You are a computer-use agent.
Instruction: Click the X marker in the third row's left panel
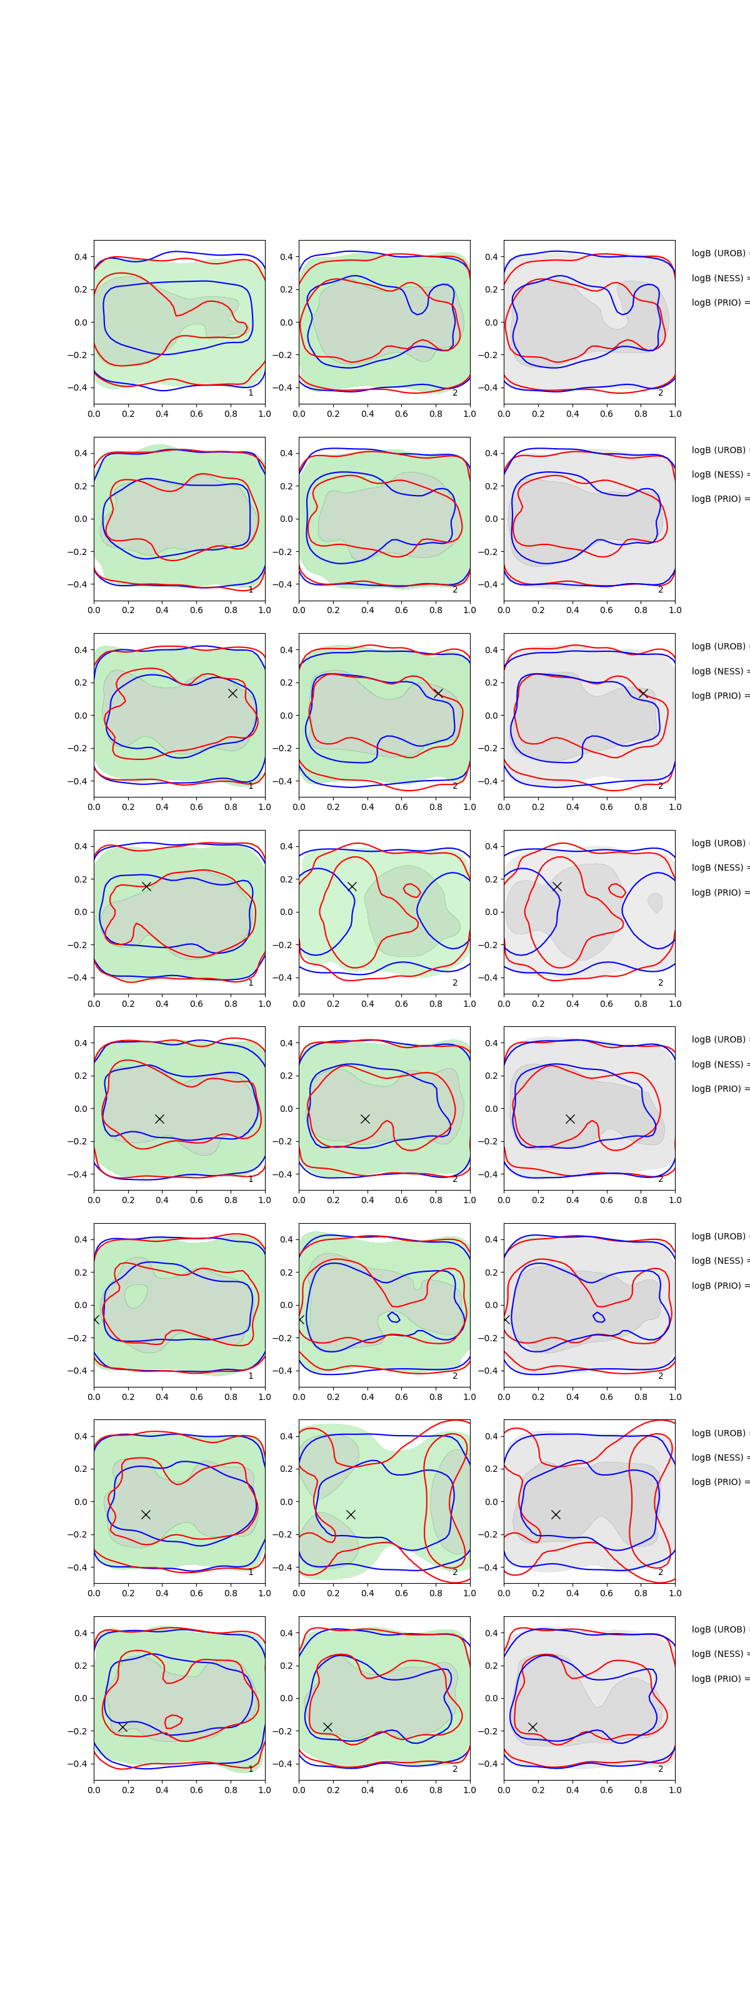click(x=232, y=693)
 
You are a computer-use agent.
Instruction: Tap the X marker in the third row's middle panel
click(x=438, y=693)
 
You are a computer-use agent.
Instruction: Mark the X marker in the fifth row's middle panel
click(x=365, y=1119)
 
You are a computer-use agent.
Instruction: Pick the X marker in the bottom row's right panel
click(x=532, y=1727)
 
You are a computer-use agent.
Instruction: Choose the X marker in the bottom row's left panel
click(x=122, y=1727)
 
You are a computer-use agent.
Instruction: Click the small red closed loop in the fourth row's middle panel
click(x=411, y=890)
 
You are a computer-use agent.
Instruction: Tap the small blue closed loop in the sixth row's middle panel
click(x=394, y=1317)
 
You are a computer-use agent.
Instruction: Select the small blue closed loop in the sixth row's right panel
click(x=599, y=1317)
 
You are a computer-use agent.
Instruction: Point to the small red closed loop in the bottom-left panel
click(x=173, y=1721)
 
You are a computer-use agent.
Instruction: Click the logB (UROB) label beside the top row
click(x=719, y=253)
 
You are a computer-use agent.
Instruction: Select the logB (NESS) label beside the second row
click(x=719, y=474)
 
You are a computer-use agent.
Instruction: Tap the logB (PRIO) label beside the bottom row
click(x=719, y=1679)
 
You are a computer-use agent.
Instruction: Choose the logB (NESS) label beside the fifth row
click(x=719, y=1064)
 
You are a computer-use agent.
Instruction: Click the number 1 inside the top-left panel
click(x=251, y=393)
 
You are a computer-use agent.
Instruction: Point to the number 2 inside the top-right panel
click(x=661, y=393)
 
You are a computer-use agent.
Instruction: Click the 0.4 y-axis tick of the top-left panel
click(x=81, y=257)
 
